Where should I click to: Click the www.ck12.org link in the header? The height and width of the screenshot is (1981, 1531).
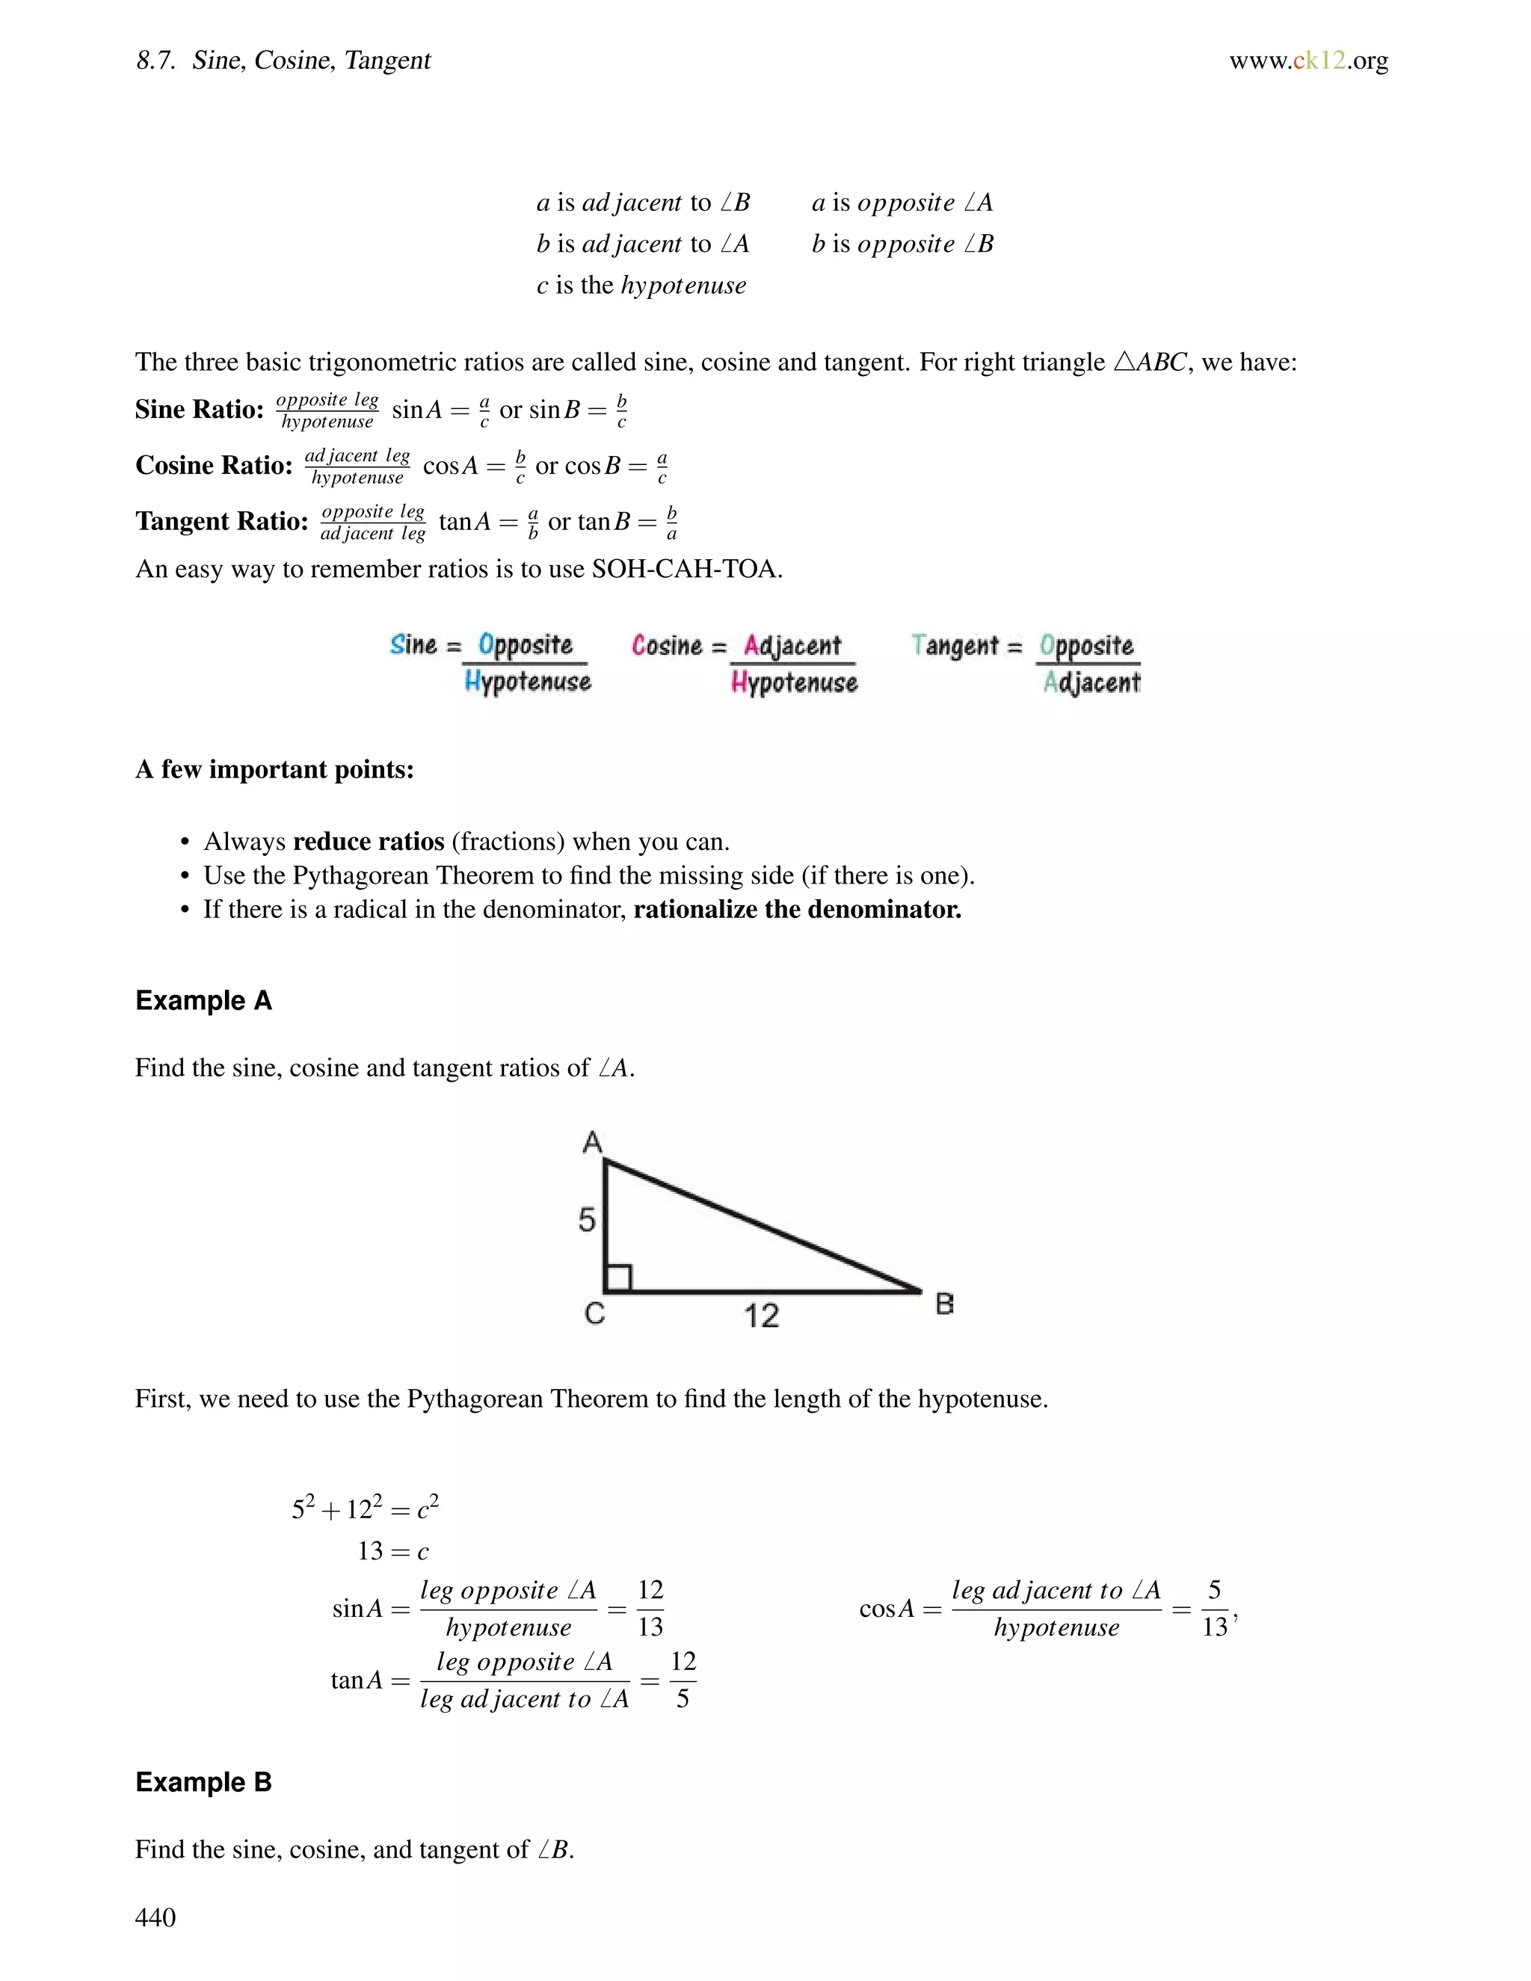(1308, 61)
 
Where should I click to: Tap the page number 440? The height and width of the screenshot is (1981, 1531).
(155, 1917)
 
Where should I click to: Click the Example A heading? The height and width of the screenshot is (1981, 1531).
(203, 1000)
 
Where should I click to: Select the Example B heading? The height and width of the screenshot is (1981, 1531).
(203, 1782)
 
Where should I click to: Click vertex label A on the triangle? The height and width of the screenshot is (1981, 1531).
(592, 1142)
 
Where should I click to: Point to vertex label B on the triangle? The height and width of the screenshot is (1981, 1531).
(944, 1304)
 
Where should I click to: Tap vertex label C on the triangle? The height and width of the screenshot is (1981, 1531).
(594, 1313)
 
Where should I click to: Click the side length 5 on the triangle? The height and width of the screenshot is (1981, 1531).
(587, 1220)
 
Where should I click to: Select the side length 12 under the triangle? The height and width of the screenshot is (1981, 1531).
(761, 1315)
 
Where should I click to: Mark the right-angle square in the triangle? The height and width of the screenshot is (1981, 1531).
(618, 1278)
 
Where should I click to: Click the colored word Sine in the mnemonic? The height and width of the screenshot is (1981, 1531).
(413, 645)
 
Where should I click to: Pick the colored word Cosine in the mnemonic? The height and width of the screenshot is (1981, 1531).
(667, 646)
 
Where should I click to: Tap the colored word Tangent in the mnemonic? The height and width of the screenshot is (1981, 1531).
(954, 646)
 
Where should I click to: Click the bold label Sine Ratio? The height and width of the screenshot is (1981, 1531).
(200, 410)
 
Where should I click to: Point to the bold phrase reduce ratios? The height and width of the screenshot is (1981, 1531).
(369, 842)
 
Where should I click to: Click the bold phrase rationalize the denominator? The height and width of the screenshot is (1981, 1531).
(797, 910)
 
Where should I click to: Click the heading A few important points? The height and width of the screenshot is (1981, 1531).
(274, 769)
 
